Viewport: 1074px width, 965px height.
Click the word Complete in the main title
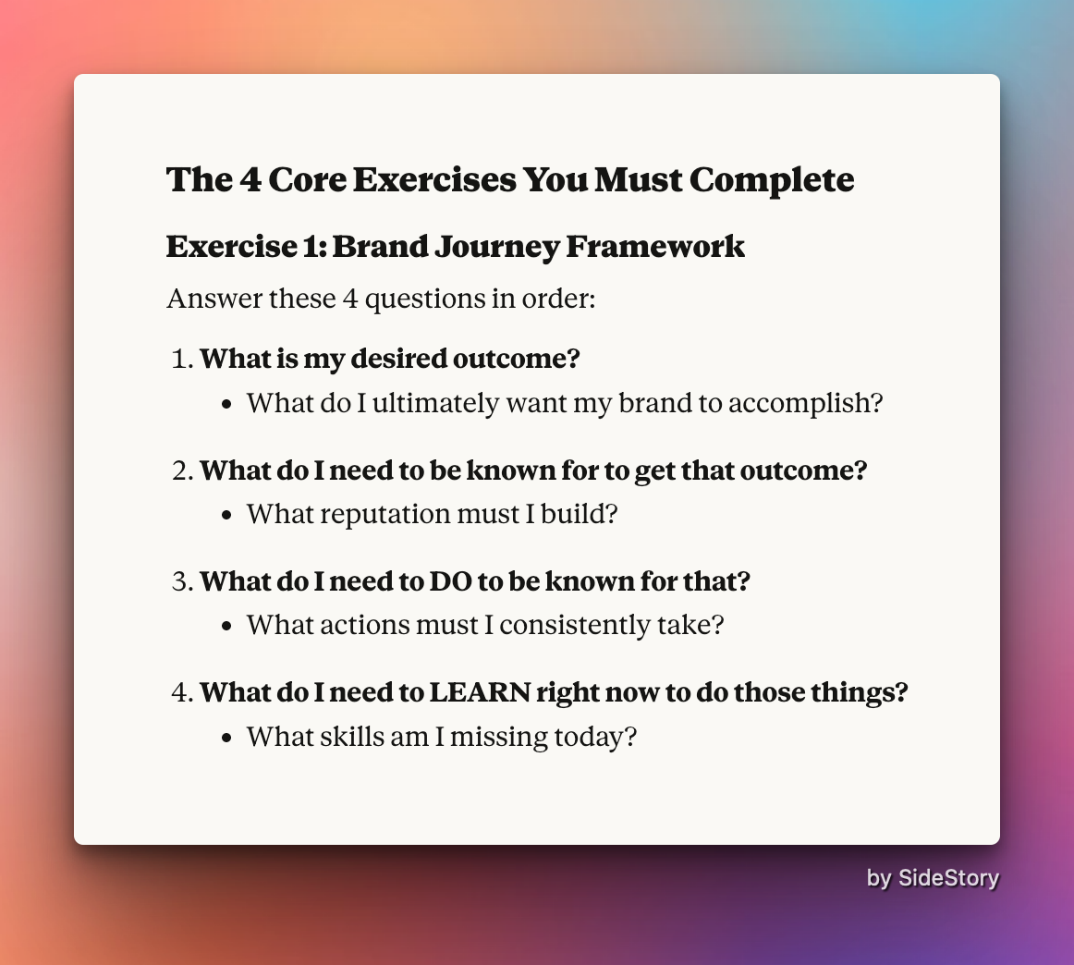[771, 181]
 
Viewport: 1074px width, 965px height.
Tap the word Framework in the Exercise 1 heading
[654, 246]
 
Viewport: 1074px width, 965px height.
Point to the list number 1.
[182, 359]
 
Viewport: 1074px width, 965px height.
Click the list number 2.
[183, 470]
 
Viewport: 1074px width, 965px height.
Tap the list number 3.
[183, 581]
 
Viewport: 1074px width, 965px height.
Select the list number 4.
[183, 692]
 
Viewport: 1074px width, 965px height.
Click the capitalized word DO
[450, 581]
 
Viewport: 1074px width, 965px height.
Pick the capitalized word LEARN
[480, 692]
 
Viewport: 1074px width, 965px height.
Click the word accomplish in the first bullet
[806, 403]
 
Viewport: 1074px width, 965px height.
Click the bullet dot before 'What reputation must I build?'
[227, 516]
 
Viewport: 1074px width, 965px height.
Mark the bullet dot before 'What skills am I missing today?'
[227, 739]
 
